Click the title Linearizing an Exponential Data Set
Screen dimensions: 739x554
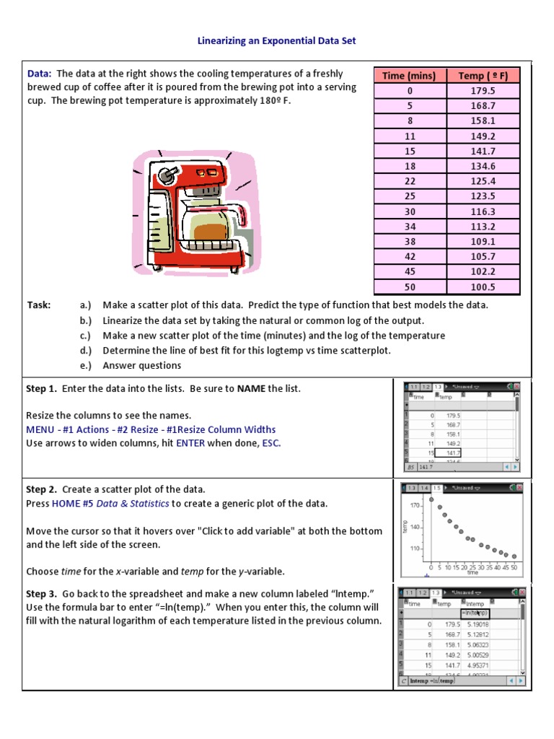[x=277, y=41]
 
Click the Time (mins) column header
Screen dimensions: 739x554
[x=410, y=76]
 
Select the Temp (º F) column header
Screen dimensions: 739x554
[x=483, y=76]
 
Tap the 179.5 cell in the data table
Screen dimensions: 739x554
[x=483, y=91]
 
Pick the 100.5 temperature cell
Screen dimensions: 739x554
[x=483, y=287]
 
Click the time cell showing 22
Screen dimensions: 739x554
[x=410, y=181]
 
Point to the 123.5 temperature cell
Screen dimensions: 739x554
[x=483, y=196]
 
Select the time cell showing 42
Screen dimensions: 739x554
[x=410, y=257]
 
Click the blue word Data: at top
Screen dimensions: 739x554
[x=39, y=74]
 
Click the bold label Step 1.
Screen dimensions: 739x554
[x=41, y=389]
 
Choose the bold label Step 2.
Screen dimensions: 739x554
[x=41, y=490]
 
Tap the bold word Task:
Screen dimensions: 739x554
[x=39, y=305]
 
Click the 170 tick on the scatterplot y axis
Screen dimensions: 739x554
[x=416, y=505]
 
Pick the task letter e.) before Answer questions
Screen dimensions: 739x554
[x=87, y=366]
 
